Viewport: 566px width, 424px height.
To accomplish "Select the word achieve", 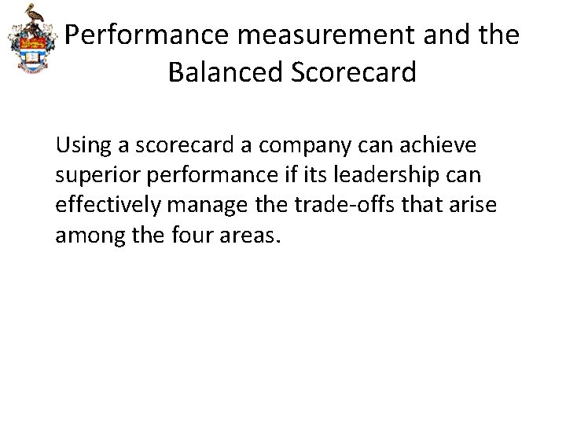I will [x=430, y=147].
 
